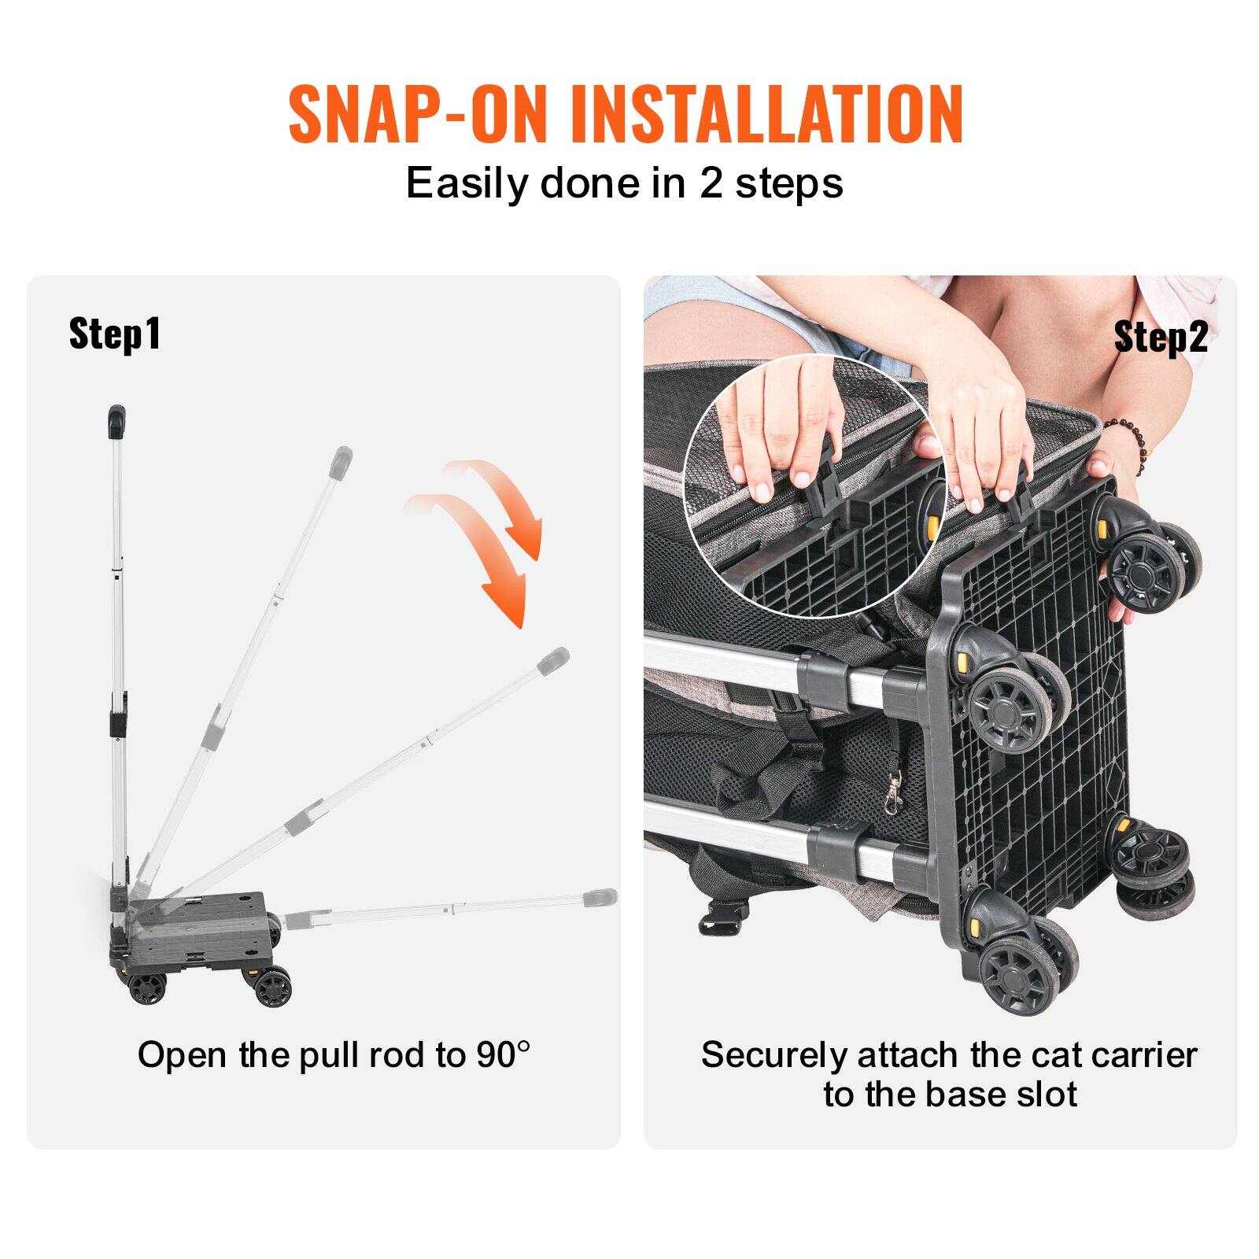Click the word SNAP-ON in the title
[417, 115]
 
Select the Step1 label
[115, 333]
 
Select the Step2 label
[1161, 338]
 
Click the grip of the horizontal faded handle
[601, 898]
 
